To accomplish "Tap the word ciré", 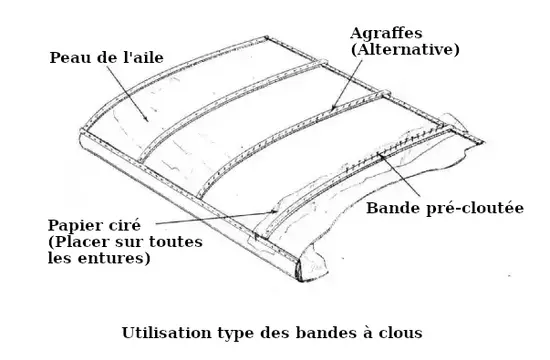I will (124, 224).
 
